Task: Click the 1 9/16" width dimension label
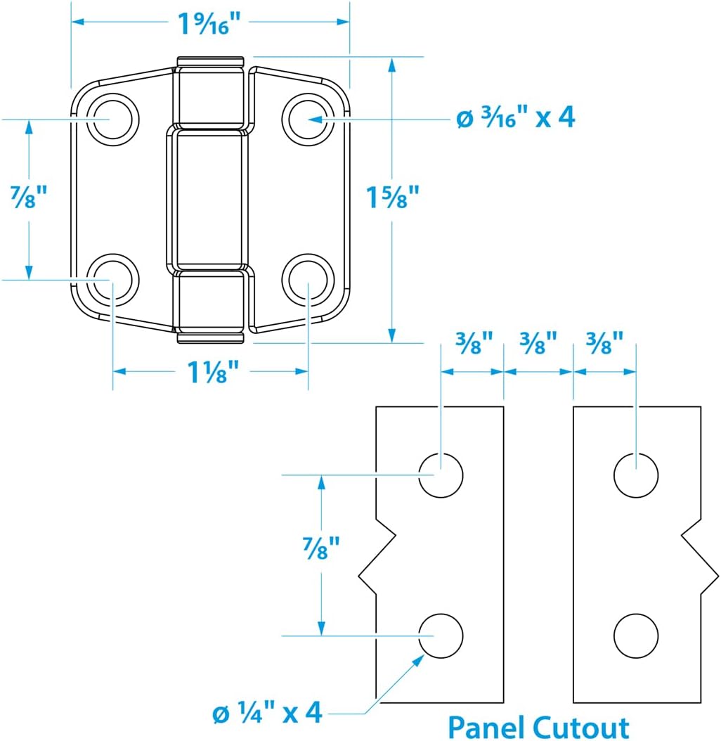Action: (209, 24)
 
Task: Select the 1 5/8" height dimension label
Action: (393, 198)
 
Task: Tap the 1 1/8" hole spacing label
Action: (210, 372)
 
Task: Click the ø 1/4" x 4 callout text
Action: (267, 713)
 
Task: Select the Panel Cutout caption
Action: (538, 726)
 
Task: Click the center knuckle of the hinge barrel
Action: (209, 199)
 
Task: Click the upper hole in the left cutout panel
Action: (441, 475)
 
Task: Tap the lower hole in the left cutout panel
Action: (441, 636)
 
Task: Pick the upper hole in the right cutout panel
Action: (636, 475)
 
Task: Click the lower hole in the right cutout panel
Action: (636, 636)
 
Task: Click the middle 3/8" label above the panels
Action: (538, 344)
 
